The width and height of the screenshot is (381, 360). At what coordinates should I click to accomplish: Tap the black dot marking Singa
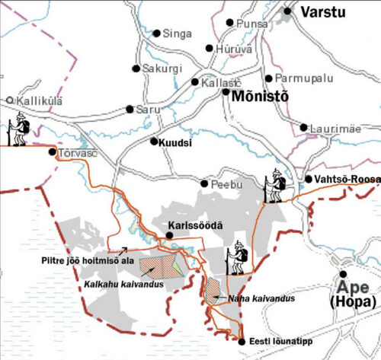pyautogui.click(x=157, y=33)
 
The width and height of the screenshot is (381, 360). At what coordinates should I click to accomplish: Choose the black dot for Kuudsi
pyautogui.click(x=153, y=142)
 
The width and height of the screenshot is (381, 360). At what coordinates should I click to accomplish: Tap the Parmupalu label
pyautogui.click(x=297, y=78)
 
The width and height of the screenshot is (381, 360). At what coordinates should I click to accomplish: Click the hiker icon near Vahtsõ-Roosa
pyautogui.click(x=276, y=186)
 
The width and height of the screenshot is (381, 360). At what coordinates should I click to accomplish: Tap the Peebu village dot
pyautogui.click(x=203, y=183)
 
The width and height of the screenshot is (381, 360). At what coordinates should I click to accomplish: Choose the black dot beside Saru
pyautogui.click(x=130, y=109)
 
